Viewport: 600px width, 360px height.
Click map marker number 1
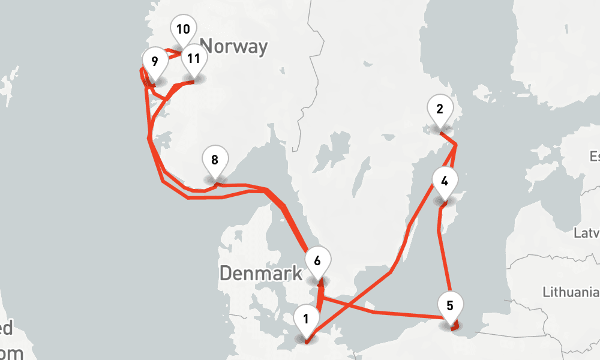coord(306,319)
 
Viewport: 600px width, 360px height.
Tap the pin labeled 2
coord(440,110)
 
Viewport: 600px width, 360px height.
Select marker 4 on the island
coord(445,181)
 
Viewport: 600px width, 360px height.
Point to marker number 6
coord(317,261)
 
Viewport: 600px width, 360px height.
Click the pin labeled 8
coord(215,160)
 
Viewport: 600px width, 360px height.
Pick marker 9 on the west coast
coord(155,61)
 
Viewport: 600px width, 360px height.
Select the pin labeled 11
coord(193,59)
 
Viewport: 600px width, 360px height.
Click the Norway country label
coord(233,46)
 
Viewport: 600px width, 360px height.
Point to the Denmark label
coord(260,274)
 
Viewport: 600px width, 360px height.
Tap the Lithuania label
coord(571,292)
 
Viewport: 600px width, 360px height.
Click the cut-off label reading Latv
coord(586,232)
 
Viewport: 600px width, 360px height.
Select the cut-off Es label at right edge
coord(594,157)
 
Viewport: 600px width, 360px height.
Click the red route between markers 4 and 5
coord(442,252)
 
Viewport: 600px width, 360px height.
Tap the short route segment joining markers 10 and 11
coord(175,53)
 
